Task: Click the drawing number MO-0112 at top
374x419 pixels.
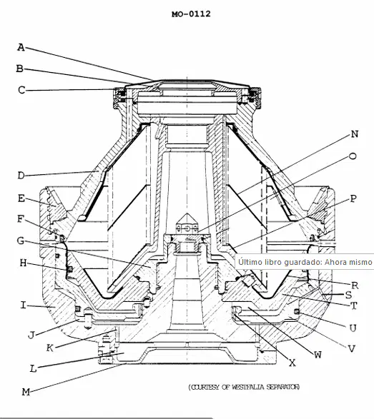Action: tap(191, 14)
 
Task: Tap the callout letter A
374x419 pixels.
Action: tap(21, 47)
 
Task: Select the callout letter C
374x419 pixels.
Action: tap(21, 90)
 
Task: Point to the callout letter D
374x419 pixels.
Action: tap(21, 176)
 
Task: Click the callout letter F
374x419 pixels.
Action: tap(21, 219)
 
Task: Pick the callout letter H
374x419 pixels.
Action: tap(23, 263)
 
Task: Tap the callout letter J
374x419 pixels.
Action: tap(31, 335)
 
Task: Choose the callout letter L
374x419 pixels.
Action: tap(33, 369)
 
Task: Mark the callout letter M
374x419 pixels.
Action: tap(26, 392)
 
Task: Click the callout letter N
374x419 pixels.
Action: tap(355, 134)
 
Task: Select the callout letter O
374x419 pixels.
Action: tap(353, 156)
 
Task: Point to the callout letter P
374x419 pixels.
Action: tap(353, 198)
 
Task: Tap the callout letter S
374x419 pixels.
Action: tap(348, 295)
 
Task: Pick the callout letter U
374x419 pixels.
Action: tap(353, 328)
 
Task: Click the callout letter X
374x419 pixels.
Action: tap(292, 363)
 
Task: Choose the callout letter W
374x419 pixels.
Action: tap(318, 355)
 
